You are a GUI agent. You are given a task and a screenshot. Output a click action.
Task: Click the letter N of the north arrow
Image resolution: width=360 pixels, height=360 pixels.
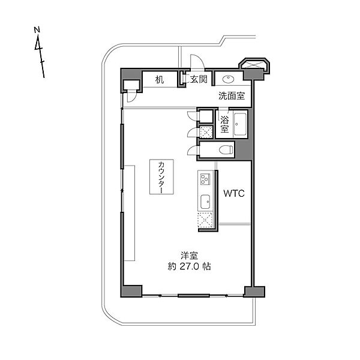(x=37, y=30)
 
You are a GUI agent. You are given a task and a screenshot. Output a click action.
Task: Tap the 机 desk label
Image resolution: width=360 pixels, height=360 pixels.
(x=160, y=80)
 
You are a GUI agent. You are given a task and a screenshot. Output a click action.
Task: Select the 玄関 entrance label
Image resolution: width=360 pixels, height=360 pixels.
(x=199, y=79)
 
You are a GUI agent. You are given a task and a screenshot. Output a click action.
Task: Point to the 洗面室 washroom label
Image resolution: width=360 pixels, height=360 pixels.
(x=232, y=96)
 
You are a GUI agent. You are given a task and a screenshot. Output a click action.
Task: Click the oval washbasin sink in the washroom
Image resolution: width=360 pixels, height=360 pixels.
(x=228, y=79)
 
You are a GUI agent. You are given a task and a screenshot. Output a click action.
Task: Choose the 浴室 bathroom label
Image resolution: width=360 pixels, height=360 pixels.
(x=224, y=124)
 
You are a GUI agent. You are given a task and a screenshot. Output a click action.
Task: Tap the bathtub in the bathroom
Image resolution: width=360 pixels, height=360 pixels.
(x=240, y=124)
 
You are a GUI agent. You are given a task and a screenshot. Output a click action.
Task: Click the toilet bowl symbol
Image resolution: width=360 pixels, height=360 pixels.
(x=226, y=150)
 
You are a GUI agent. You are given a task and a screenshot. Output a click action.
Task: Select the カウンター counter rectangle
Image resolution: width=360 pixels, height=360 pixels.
(x=161, y=177)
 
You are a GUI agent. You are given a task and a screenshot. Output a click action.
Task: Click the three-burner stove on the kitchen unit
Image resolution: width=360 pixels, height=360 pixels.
(x=205, y=179)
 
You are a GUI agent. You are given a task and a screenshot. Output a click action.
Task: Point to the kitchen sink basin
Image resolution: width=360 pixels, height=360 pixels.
(x=205, y=202)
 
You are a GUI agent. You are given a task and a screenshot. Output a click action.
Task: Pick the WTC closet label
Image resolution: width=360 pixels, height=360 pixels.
(x=234, y=193)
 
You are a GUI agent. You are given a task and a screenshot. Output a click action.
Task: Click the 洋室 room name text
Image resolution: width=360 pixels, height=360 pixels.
(x=189, y=256)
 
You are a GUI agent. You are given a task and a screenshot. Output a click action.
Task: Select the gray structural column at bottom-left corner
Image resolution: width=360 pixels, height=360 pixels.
(x=131, y=291)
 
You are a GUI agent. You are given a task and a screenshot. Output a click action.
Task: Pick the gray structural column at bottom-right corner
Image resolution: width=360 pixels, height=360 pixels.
(x=254, y=292)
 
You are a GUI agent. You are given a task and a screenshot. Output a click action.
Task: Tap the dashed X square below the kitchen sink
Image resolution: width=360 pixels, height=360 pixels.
(x=205, y=220)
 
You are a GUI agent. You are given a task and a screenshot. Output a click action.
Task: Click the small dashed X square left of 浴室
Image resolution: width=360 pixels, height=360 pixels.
(x=206, y=132)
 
